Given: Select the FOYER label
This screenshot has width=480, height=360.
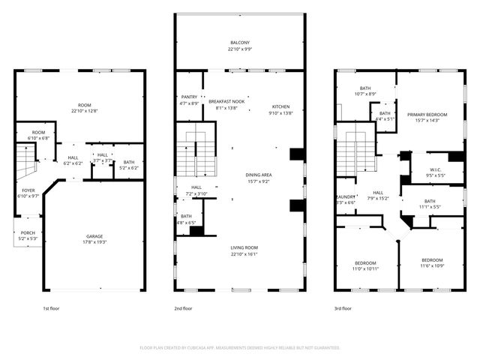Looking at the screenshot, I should tap(28, 190).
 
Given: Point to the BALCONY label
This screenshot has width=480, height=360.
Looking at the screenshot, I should tap(240, 43).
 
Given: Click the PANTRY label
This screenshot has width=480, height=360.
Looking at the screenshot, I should tap(190, 97).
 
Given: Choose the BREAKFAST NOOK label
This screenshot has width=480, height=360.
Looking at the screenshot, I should tap(226, 101).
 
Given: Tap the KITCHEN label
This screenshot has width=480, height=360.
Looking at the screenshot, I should tap(280, 106).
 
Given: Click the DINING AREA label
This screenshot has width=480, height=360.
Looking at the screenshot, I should tap(259, 175).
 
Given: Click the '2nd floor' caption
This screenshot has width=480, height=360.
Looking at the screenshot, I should tap(183, 307).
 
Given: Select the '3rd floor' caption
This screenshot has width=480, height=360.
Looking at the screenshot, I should tap(343, 307).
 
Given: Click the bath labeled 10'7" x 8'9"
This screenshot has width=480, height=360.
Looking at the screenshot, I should tap(365, 94).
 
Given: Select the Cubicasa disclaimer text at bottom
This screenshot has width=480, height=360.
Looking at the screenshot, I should tap(240, 348).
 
